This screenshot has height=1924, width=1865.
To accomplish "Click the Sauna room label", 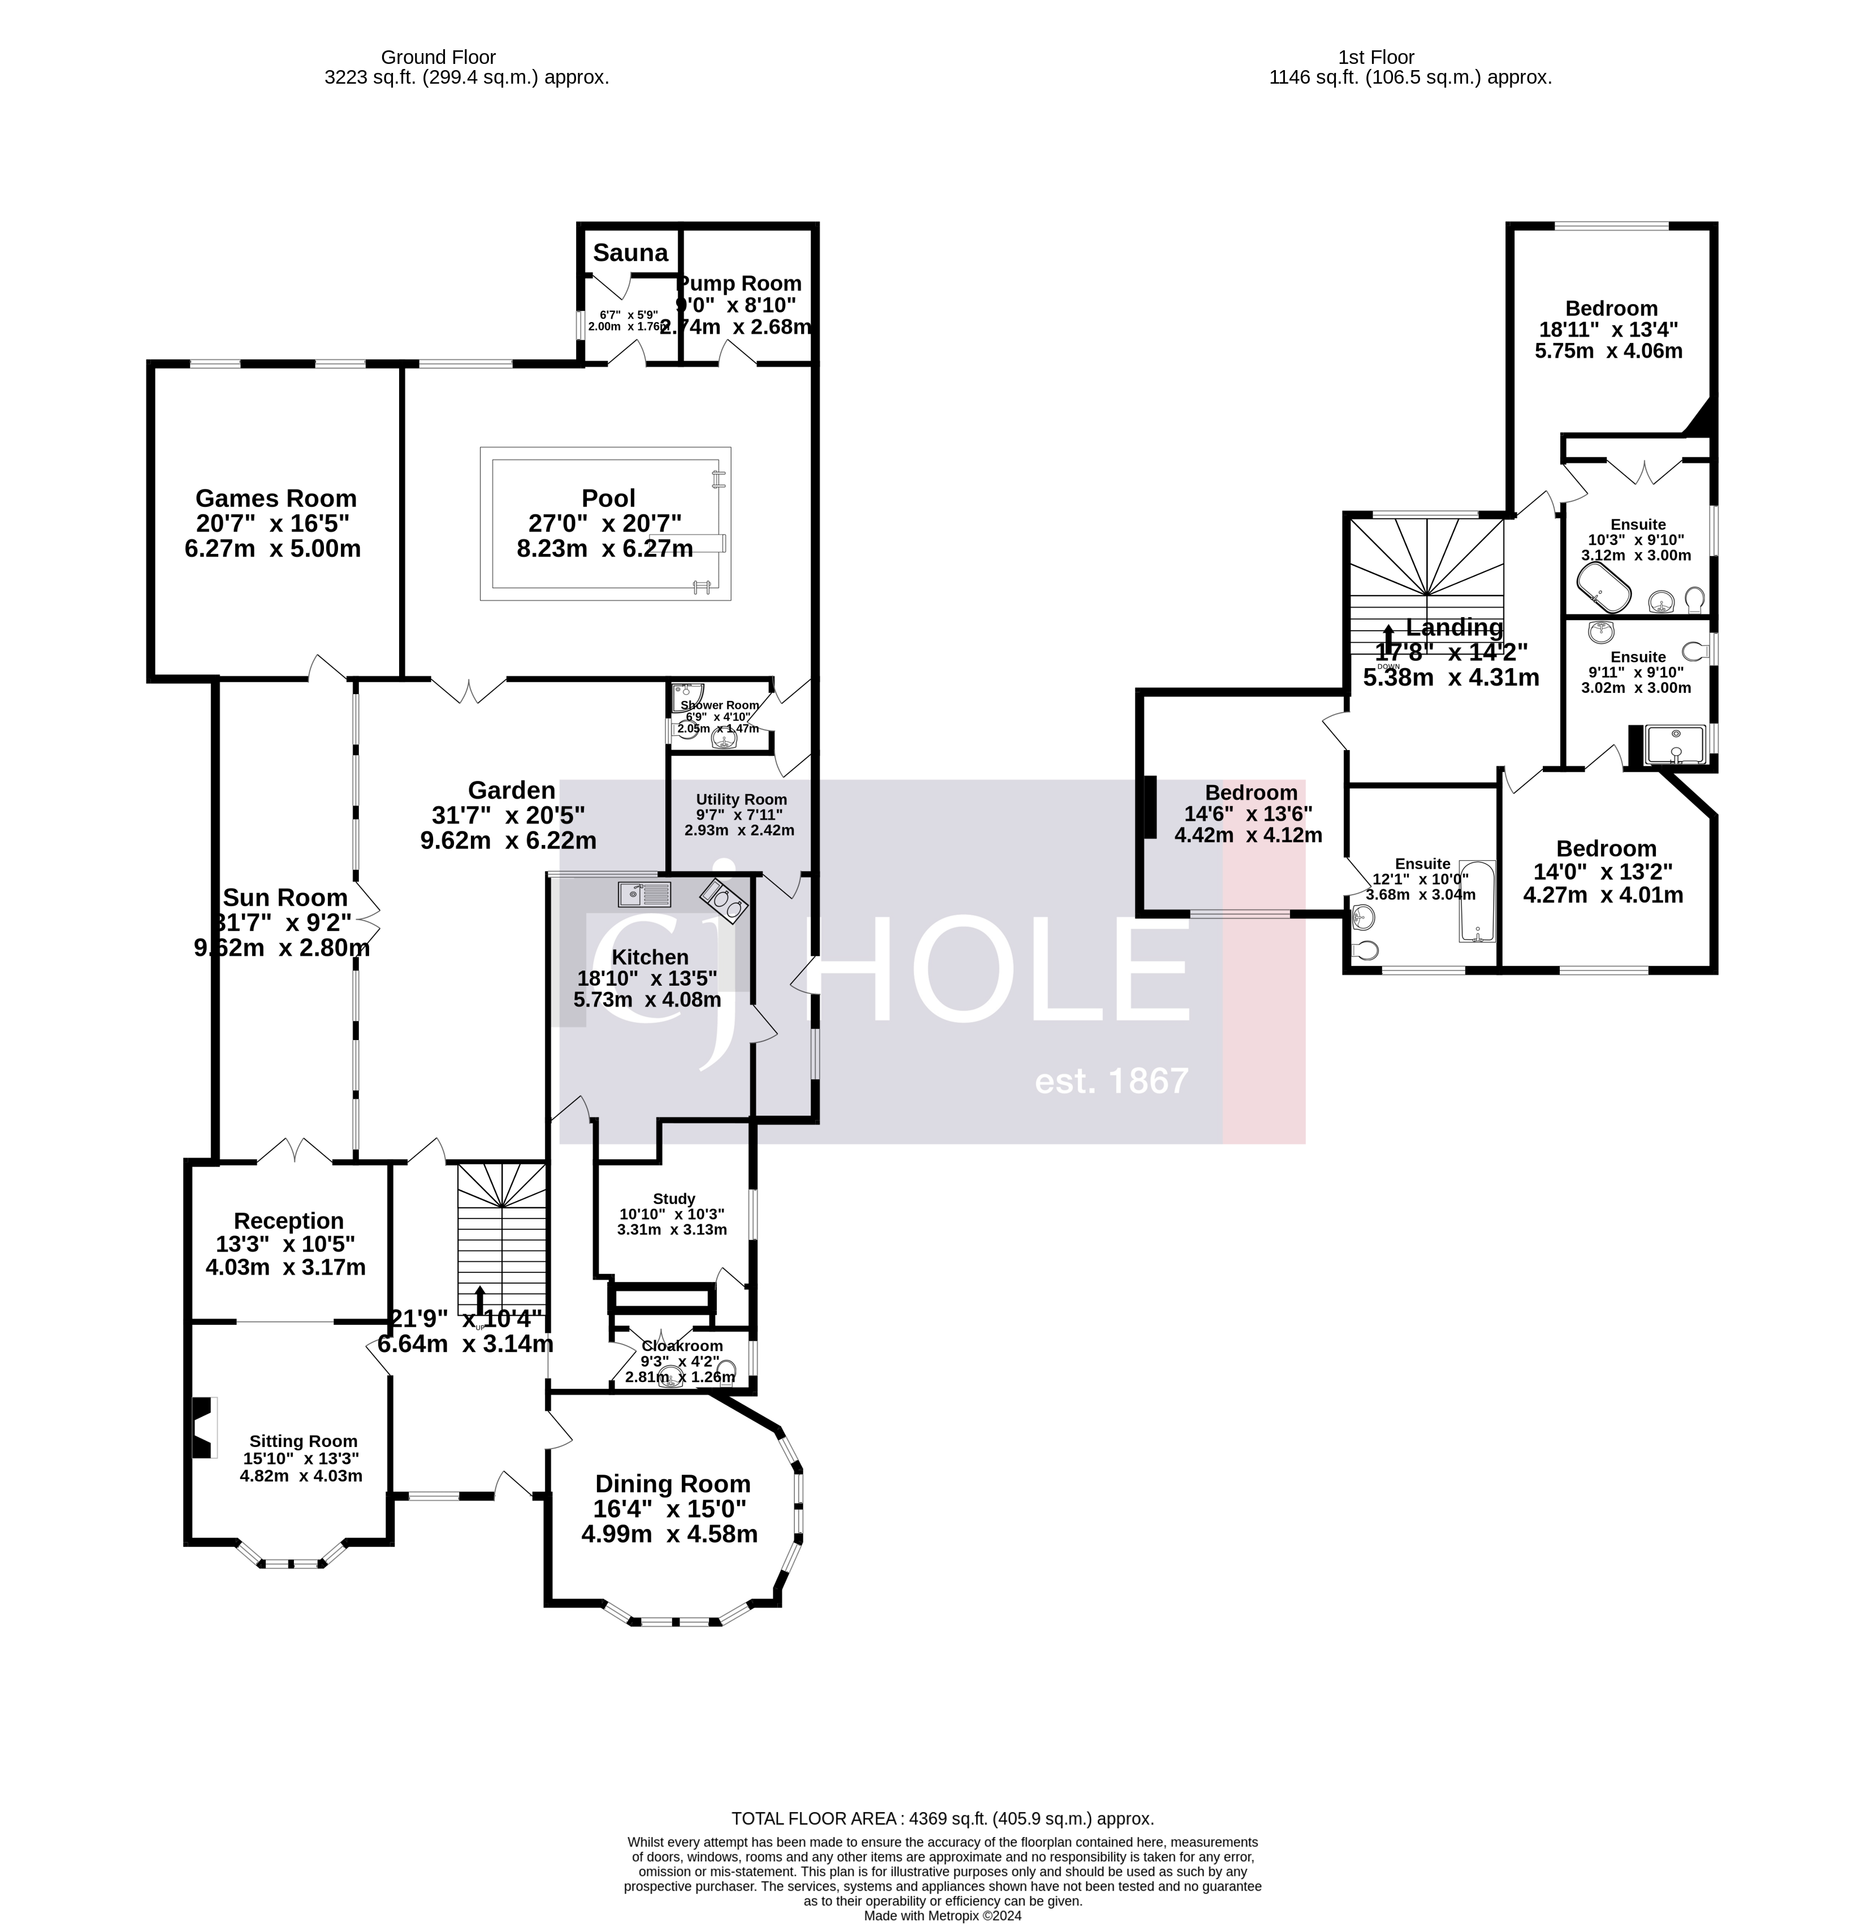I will [630, 253].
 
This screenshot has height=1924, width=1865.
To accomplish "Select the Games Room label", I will [276, 499].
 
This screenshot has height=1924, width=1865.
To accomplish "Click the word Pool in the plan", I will [609, 499].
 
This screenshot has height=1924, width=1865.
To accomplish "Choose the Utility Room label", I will [741, 799].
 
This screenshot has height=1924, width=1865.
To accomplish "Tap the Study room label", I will [673, 1199].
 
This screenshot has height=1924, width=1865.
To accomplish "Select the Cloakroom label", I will [682, 1346].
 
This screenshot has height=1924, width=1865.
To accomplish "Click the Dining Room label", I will [672, 1484].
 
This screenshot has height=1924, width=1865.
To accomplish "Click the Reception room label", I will [288, 1221].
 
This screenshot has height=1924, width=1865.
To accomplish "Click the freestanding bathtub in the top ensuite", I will [1604, 595].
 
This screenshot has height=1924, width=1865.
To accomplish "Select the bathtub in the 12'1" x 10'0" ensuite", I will [1475, 901].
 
